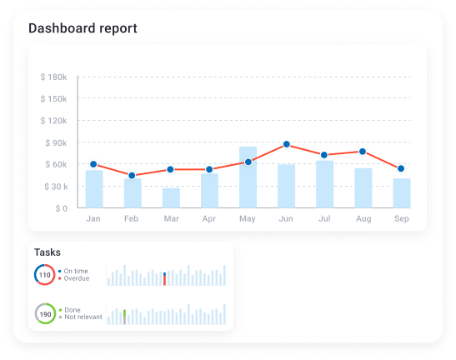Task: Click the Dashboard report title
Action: (83, 28)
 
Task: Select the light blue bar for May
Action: (248, 177)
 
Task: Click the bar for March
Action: (171, 198)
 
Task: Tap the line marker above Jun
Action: (286, 145)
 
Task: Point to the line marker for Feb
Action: (132, 176)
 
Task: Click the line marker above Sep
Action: (401, 169)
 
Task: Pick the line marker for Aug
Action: (363, 152)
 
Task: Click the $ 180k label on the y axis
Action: (53, 77)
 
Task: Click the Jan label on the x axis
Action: (93, 220)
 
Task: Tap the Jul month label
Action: (324, 220)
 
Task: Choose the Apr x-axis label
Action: (209, 220)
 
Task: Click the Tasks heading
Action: (47, 252)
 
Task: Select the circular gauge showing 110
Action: (45, 275)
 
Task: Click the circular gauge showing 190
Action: (45, 314)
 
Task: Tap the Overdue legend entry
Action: (76, 278)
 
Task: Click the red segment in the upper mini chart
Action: (164, 282)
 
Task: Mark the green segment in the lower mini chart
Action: (124, 313)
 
